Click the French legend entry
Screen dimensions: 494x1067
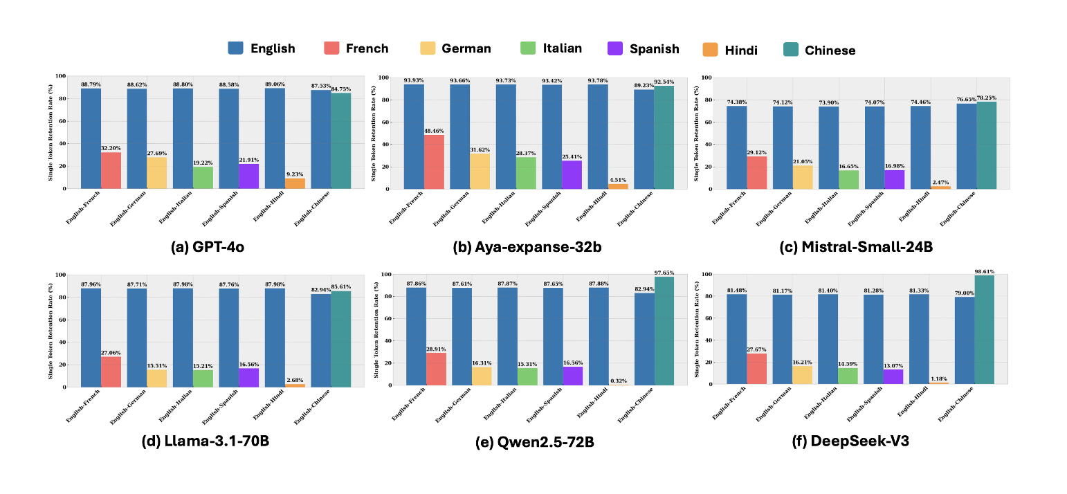pyautogui.click(x=356, y=48)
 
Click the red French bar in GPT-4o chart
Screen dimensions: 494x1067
pyautogui.click(x=111, y=170)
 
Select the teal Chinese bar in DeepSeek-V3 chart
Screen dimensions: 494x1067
pyautogui.click(x=984, y=330)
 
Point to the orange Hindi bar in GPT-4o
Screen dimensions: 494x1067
pyautogui.click(x=294, y=183)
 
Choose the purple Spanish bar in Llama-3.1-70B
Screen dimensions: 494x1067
pyautogui.click(x=248, y=377)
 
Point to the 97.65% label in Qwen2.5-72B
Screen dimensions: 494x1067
pyautogui.click(x=663, y=273)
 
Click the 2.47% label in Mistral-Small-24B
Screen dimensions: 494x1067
pyautogui.click(x=940, y=181)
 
